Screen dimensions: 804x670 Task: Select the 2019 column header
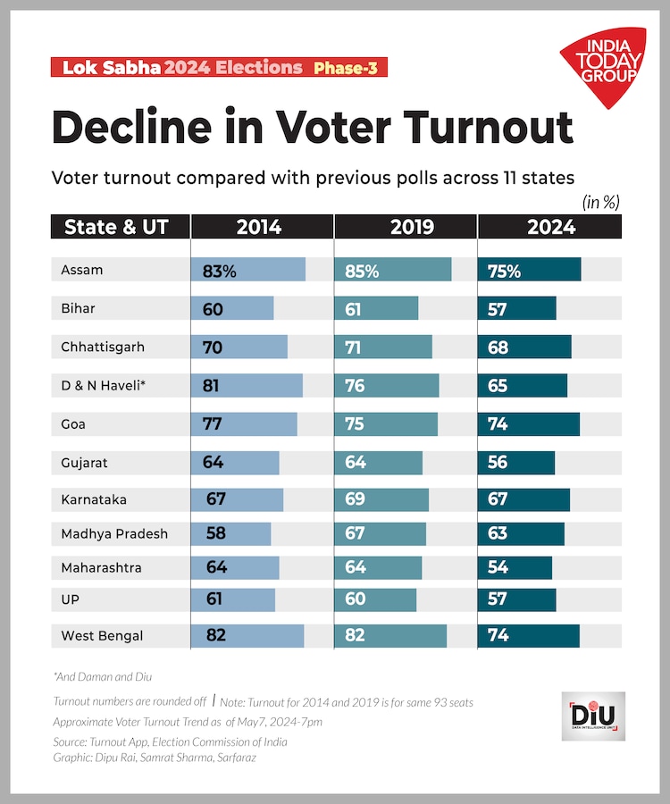point(406,227)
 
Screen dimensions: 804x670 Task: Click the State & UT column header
point(116,227)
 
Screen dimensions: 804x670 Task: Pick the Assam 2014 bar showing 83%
point(247,270)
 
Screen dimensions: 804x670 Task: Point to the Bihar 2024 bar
point(517,308)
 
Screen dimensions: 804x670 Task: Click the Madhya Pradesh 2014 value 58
point(214,533)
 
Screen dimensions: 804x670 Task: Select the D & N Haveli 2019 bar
point(387,385)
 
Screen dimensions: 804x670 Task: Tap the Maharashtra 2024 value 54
point(498,567)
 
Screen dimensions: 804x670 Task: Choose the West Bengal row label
point(102,636)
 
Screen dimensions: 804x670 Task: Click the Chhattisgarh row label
point(103,347)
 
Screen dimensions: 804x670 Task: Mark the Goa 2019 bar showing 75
point(386,424)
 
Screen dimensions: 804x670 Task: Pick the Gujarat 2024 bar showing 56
point(516,463)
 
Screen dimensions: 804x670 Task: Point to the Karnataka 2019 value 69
point(355,498)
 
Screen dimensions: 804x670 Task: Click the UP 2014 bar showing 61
point(232,599)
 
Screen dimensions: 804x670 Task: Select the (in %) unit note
point(600,203)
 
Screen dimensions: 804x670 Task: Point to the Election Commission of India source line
point(170,741)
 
